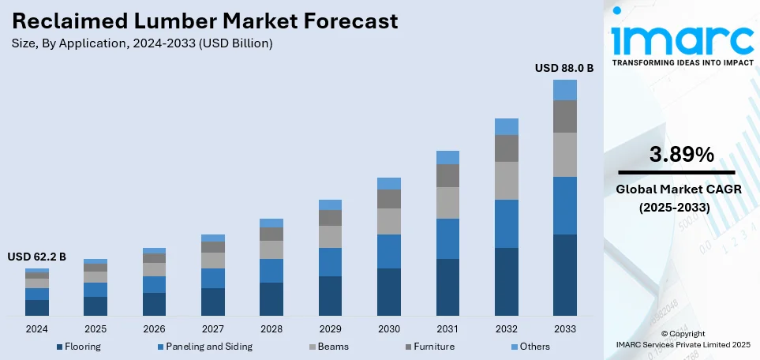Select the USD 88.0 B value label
tap(564, 69)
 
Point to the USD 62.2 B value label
tap(36, 257)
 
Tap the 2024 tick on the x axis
tap(37, 328)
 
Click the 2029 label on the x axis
tap(330, 328)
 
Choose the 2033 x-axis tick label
tap(564, 328)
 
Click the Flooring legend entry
tap(78, 346)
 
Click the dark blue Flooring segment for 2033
tap(564, 276)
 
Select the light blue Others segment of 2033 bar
tap(564, 90)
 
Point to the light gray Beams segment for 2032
tap(506, 181)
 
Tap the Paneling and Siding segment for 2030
tap(388, 251)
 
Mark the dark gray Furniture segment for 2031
tap(447, 175)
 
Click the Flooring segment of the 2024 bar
tap(37, 308)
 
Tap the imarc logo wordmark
tap(683, 38)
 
